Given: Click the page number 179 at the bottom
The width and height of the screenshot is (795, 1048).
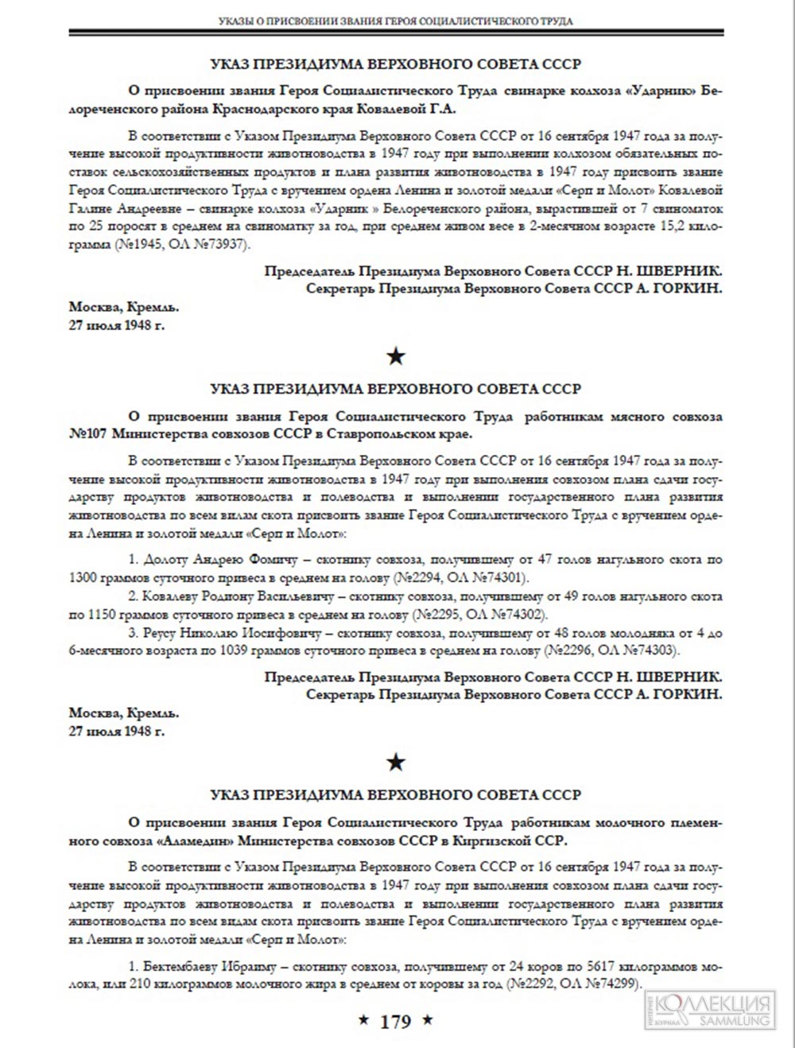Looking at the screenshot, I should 396,1021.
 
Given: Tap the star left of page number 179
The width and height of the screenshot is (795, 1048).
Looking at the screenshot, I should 363,1020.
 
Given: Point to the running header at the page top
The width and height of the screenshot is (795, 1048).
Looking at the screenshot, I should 395,21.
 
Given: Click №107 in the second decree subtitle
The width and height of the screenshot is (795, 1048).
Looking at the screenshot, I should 88,433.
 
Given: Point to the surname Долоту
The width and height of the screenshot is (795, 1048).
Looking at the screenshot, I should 165,560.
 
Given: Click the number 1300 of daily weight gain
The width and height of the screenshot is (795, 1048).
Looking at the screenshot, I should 84,576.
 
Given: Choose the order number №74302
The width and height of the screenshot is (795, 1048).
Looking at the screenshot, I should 511,615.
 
